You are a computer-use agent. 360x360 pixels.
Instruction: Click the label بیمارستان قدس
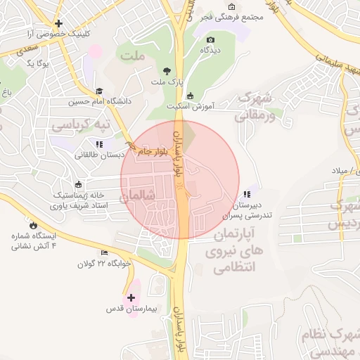134,309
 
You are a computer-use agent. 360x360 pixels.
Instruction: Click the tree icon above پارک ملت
167,71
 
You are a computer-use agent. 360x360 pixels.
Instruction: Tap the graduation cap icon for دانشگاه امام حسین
99,91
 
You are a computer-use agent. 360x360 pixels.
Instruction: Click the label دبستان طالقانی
100,154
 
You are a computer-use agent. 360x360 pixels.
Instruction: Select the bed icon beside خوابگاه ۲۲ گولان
105,253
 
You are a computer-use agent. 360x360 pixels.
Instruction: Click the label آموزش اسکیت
190,107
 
